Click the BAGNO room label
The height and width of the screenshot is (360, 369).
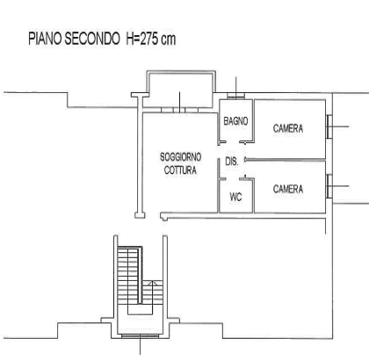pos(235,121)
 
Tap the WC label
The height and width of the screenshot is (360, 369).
pos(235,197)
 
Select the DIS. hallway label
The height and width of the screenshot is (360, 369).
pos(232,161)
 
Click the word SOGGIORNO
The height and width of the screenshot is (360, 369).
pos(180,157)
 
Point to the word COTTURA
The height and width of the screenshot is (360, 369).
pos(180,170)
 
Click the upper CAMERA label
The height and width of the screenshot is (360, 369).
pos(288,128)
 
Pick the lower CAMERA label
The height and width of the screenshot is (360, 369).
pos(288,189)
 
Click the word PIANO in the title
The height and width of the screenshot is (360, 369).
pos(45,39)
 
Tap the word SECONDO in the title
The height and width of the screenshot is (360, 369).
pos(92,39)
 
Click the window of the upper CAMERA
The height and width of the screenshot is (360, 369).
pos(329,126)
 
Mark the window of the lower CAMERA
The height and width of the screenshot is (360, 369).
pos(329,186)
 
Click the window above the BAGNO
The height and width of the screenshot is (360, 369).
pos(235,96)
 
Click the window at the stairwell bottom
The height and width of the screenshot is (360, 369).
pos(141,336)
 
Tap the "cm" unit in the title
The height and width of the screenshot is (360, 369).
pos(168,40)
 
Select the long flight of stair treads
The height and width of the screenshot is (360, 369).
pos(127,275)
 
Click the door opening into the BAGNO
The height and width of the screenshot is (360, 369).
pos(233,142)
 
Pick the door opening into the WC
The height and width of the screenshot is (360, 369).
pos(233,178)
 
